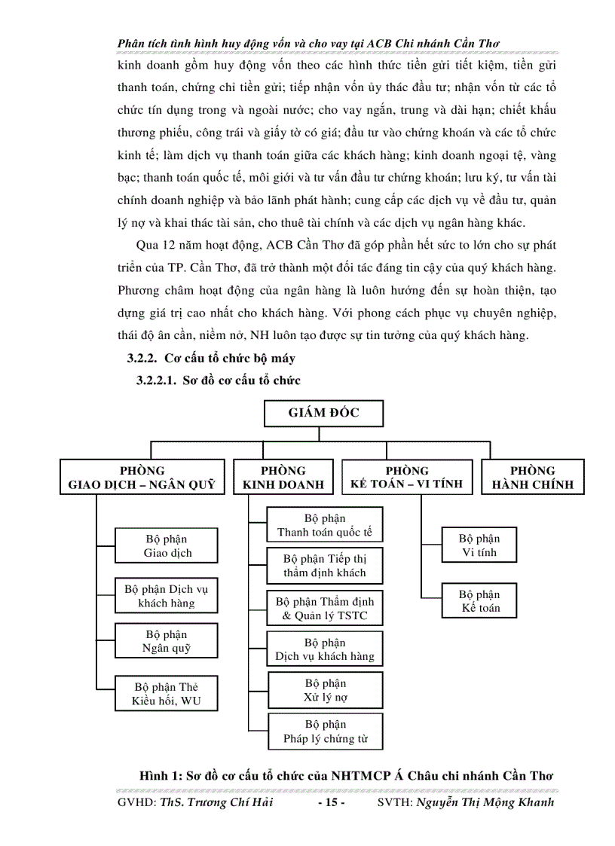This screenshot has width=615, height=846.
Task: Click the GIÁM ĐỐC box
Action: (323, 413)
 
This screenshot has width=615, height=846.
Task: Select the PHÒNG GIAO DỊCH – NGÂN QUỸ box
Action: (142, 478)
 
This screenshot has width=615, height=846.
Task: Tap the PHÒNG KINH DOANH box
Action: (283, 478)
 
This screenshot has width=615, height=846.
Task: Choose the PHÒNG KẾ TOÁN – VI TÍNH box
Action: (407, 478)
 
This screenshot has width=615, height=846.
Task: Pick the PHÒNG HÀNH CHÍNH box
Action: (532, 478)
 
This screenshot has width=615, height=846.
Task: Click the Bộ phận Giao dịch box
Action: (167, 546)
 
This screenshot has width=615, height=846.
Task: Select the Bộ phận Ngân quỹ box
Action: (167, 641)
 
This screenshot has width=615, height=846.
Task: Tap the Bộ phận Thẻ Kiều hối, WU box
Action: (167, 694)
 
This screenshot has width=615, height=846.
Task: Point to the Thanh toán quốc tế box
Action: (325, 525)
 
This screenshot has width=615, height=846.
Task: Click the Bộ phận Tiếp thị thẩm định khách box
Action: (325, 566)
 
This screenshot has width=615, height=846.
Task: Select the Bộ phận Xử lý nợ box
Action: (325, 690)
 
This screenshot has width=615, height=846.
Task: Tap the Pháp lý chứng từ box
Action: (325, 732)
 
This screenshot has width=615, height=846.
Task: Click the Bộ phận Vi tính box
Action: (479, 545)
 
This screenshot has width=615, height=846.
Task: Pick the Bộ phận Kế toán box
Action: (479, 601)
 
